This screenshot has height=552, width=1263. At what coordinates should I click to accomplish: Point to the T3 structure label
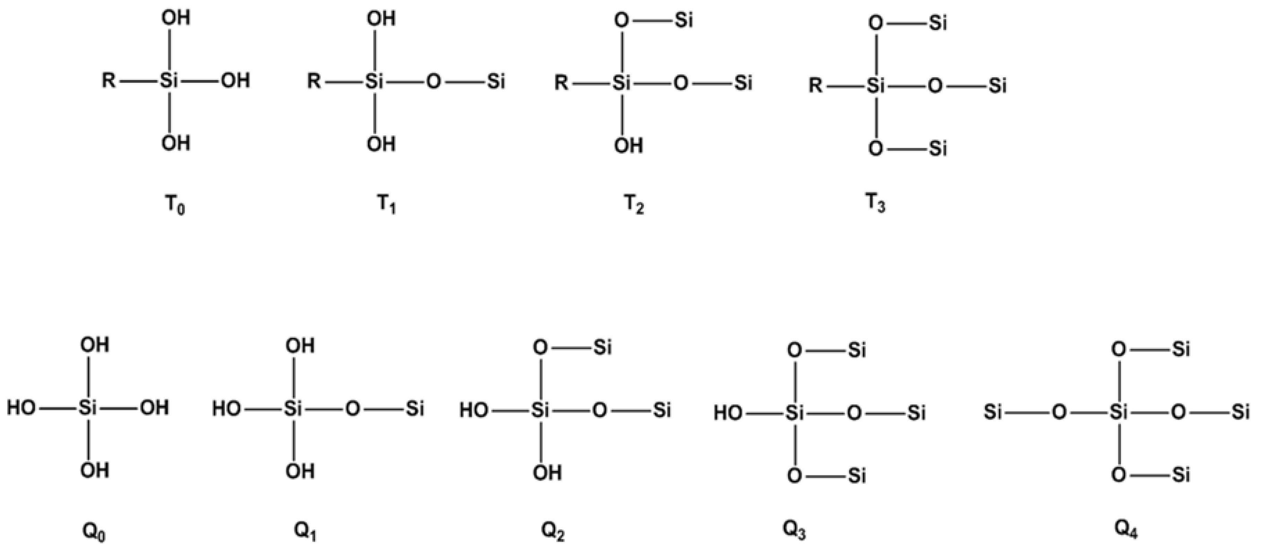click(x=876, y=204)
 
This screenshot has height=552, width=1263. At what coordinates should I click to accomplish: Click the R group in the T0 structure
click(x=109, y=80)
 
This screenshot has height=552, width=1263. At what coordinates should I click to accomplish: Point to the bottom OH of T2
click(x=629, y=146)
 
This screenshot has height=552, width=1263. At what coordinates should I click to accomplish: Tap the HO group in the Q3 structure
click(x=728, y=413)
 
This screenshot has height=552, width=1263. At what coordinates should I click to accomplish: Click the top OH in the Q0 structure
click(x=95, y=345)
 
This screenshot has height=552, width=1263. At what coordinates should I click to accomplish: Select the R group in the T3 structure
click(x=815, y=86)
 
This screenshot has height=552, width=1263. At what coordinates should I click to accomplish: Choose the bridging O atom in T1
click(x=433, y=82)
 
